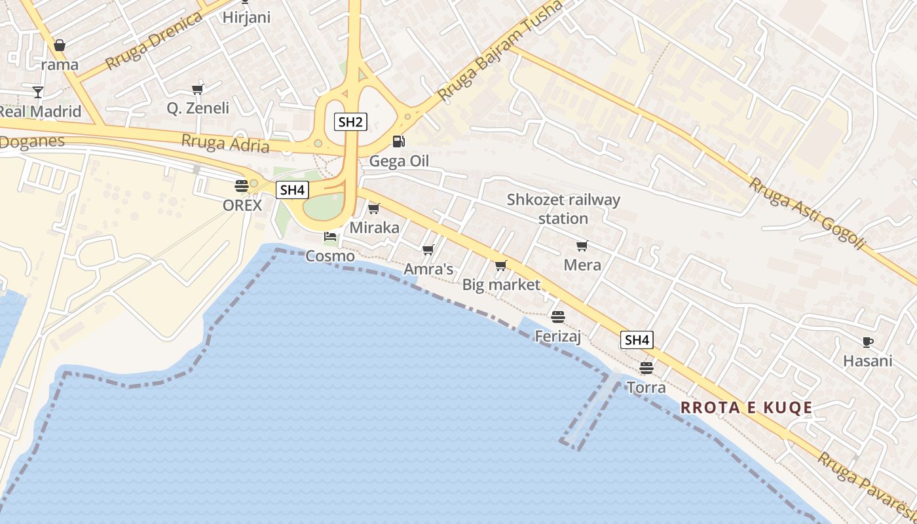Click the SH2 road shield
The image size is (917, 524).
(x=350, y=121)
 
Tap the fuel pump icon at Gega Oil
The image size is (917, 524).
(x=398, y=141)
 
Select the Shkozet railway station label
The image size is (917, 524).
(x=563, y=209)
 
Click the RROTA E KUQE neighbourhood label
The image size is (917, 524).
(x=746, y=408)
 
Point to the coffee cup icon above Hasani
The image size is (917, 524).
(x=867, y=342)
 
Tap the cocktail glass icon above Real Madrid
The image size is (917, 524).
(x=38, y=92)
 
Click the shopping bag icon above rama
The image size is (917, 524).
(x=60, y=45)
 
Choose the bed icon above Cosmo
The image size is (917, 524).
(x=330, y=236)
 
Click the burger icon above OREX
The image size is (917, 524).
(x=241, y=185)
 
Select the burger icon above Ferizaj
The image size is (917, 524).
(x=558, y=317)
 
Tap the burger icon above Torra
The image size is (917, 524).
(x=646, y=367)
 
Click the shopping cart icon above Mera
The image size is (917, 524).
(x=582, y=246)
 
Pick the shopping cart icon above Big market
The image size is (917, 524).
(x=501, y=265)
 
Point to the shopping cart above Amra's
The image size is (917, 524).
(x=428, y=250)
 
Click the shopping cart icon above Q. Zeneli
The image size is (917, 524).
(x=197, y=89)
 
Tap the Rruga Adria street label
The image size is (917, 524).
(x=225, y=142)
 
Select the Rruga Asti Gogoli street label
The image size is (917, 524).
(x=808, y=213)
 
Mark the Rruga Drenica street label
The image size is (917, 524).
(x=154, y=41)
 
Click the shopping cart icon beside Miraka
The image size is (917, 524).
(x=374, y=208)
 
